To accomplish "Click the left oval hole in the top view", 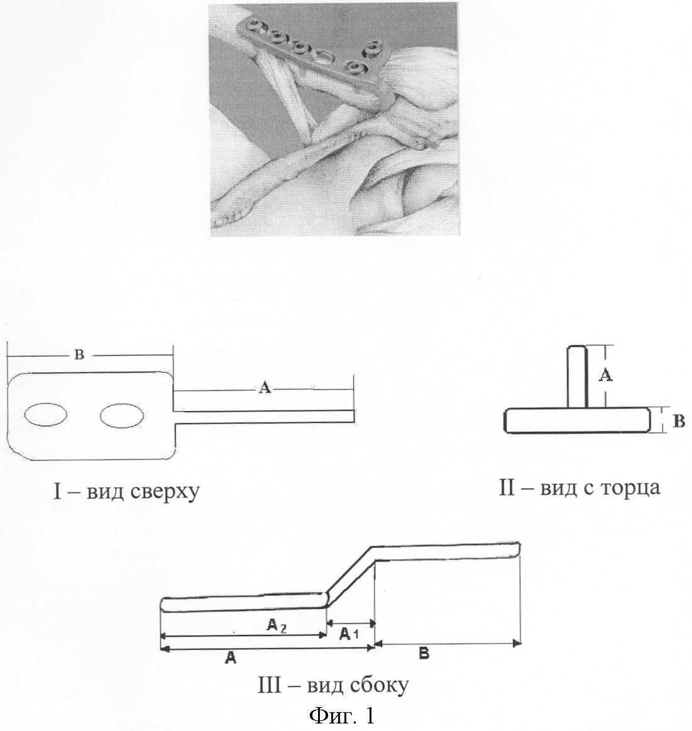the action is [x=46, y=414].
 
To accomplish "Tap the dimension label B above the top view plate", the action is [x=79, y=355].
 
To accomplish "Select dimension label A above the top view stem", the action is [x=265, y=388].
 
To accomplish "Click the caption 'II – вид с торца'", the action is [x=579, y=488].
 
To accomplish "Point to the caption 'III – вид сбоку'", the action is [x=333, y=686].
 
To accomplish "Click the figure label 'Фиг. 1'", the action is [x=342, y=716].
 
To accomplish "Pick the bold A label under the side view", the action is [x=230, y=658].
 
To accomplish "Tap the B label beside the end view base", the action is [x=680, y=421].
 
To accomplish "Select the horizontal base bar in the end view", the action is [x=577, y=420].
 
